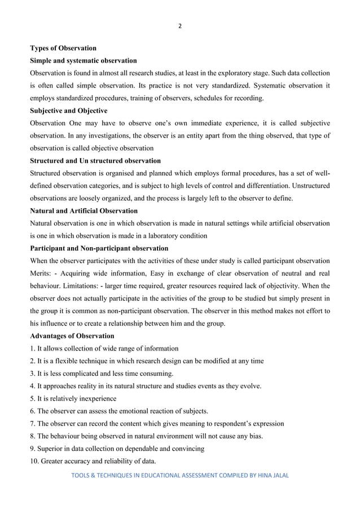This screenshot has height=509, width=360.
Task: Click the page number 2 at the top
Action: [x=179, y=25]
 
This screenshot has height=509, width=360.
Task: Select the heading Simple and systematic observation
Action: [x=83, y=60]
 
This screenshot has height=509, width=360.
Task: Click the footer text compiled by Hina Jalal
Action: [x=179, y=476]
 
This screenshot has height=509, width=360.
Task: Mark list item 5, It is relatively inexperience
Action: [x=79, y=399]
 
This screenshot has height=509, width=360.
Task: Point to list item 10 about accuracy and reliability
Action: [x=93, y=461]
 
